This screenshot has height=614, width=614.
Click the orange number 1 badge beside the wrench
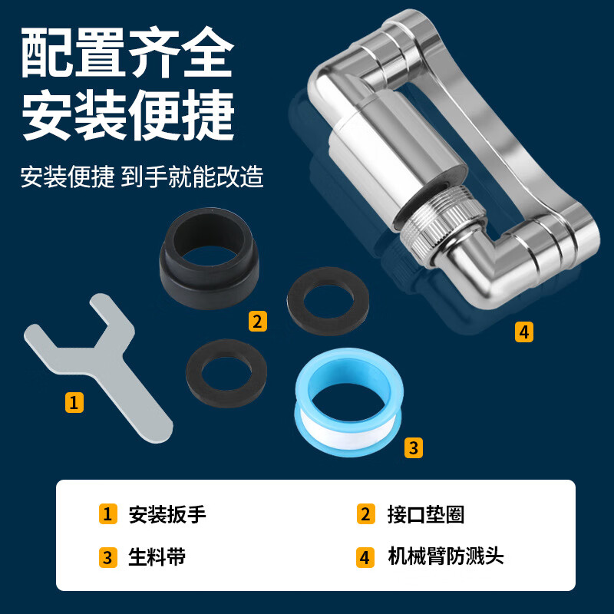pos(74,401)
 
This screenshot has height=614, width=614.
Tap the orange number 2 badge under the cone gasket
pos(258,321)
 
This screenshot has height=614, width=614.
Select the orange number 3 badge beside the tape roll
pos(414,447)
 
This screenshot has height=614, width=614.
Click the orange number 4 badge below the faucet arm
pos(523,332)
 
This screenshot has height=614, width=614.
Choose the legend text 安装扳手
pos(167,514)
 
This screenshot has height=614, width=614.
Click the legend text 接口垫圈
pos(426,514)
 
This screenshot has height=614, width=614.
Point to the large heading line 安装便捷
pos(127,117)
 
